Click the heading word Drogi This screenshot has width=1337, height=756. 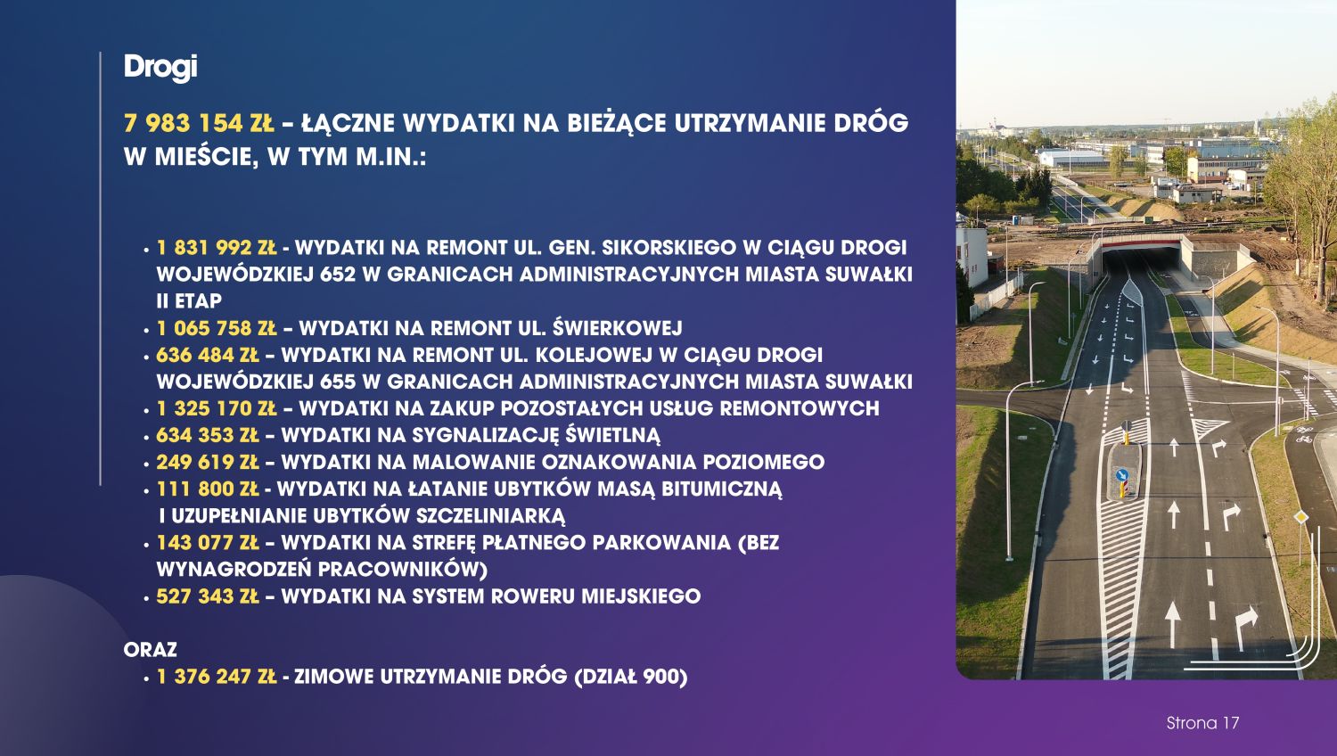tap(160, 68)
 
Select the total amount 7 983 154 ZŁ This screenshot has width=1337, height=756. tap(199, 123)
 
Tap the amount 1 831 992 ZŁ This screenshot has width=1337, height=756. tap(216, 247)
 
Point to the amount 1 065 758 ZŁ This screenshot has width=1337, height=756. tap(216, 328)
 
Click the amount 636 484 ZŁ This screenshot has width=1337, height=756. tap(207, 355)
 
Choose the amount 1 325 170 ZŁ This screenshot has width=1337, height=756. tap(216, 408)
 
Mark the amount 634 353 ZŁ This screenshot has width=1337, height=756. tap(207, 435)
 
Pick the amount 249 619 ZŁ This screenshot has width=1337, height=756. tap(207, 462)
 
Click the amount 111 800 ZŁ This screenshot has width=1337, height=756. tap(207, 489)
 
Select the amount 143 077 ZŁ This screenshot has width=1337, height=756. tap(207, 543)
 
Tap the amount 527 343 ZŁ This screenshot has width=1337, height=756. tap(207, 596)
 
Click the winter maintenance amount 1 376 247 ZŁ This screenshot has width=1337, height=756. tap(216, 677)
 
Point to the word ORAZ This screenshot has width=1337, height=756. tap(151, 650)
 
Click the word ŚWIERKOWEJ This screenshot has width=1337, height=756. tap(617, 328)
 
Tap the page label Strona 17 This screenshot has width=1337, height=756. tap(1202, 723)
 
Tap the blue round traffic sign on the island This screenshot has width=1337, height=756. tap(1121, 475)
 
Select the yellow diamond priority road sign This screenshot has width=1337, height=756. tap(1300, 517)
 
